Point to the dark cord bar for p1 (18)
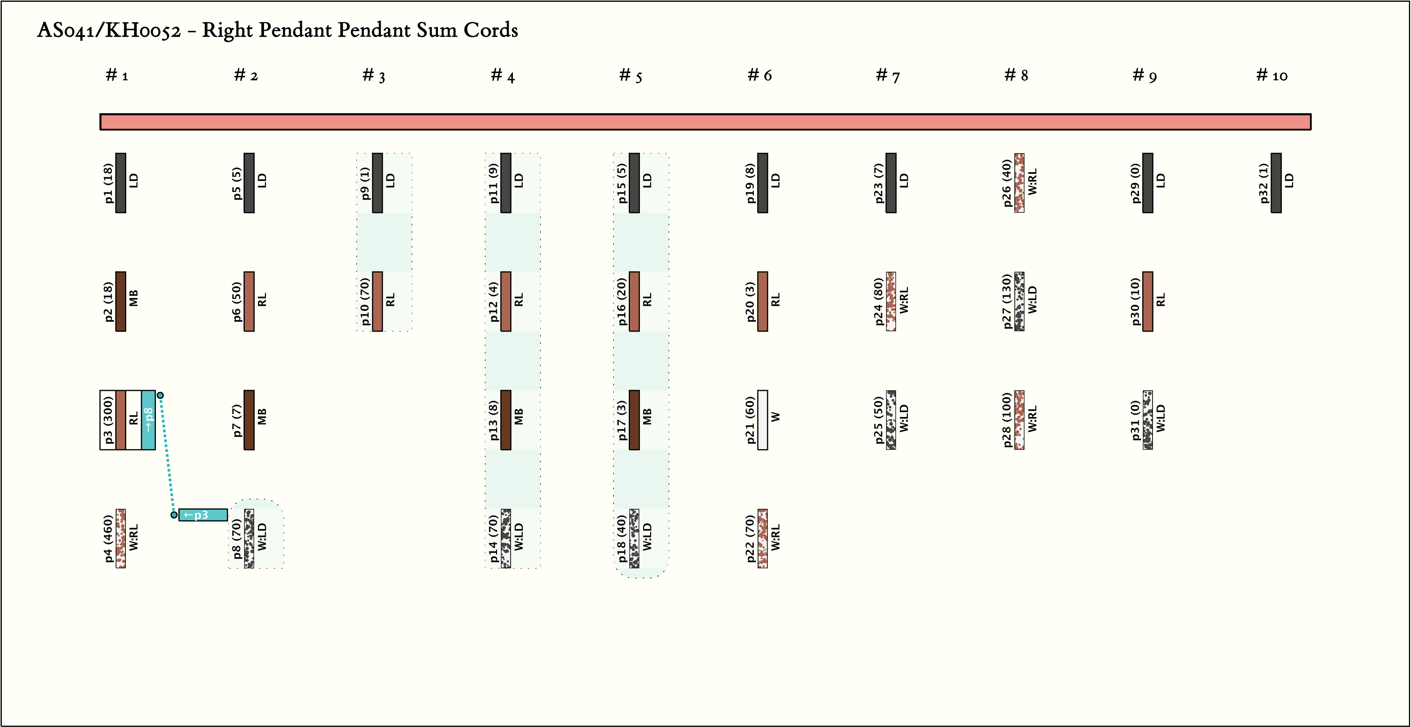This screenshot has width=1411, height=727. point(121,183)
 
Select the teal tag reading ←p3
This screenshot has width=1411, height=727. point(203,515)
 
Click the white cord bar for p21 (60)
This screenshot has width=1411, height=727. point(762,420)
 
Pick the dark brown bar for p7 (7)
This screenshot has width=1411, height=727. point(249,420)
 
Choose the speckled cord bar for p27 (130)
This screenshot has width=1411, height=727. point(1019,301)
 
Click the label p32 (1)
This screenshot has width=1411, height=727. point(1264,183)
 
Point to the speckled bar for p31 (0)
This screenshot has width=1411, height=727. point(1148,420)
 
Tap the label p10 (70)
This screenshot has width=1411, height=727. point(365,301)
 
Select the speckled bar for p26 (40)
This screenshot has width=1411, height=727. point(1019,183)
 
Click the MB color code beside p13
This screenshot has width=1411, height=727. point(519,417)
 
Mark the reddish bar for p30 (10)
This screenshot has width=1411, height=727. point(1148,301)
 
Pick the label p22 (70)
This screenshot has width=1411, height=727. point(750,539)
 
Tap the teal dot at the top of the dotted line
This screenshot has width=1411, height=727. point(160,395)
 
